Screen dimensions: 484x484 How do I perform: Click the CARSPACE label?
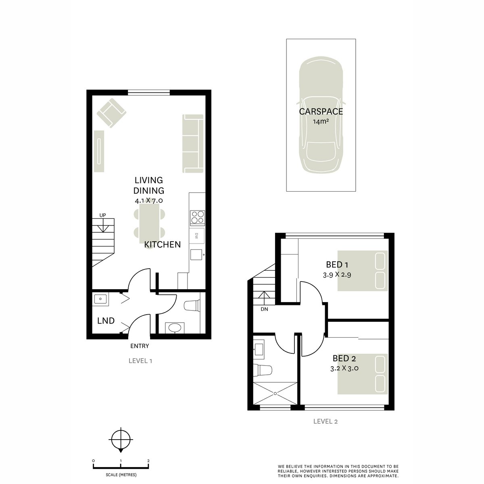pos(321,112)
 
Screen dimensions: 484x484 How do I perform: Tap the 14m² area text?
pos(321,121)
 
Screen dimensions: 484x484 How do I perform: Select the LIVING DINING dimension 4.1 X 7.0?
pos(149,200)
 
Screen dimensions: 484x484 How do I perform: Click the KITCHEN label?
pos(163,244)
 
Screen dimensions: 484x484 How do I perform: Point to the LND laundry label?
pos(106,321)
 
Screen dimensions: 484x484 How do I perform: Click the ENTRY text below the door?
pos(140,346)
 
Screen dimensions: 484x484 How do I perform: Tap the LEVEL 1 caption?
pos(140,361)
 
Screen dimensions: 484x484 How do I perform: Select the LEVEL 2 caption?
pos(325,421)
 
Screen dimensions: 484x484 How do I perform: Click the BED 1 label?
pos(337,265)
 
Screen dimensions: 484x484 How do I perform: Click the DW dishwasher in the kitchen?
pos(197,236)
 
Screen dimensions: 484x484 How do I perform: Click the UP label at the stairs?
pos(102,215)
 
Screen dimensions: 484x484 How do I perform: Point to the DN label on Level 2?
pos(264,309)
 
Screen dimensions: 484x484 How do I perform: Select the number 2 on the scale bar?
pos(148,461)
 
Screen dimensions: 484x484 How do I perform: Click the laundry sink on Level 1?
pos(100,299)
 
